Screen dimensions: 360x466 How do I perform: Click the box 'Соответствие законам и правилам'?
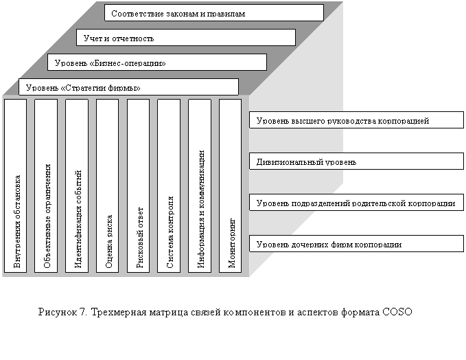(214, 13)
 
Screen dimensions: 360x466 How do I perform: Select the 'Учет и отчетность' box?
(185, 37)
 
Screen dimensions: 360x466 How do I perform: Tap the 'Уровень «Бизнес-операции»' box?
(156, 63)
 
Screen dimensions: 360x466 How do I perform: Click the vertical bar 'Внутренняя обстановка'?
(15, 185)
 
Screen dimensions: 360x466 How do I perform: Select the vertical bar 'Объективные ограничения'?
(46, 185)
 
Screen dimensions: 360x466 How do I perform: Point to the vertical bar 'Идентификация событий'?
(77, 185)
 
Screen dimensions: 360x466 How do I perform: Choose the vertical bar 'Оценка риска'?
(108, 185)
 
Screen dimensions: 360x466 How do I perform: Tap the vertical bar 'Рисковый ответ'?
(138, 185)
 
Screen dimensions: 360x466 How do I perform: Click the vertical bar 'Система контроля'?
(169, 185)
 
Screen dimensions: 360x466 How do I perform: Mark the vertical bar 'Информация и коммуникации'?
(199, 185)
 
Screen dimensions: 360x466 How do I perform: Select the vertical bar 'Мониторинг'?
(230, 185)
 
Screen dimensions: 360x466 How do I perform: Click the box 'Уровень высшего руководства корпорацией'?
(355, 120)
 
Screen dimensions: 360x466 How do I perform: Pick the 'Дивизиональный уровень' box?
(355, 161)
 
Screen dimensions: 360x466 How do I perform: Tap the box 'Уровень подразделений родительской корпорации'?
(355, 203)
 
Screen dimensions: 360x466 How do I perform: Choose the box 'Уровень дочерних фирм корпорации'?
(355, 244)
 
